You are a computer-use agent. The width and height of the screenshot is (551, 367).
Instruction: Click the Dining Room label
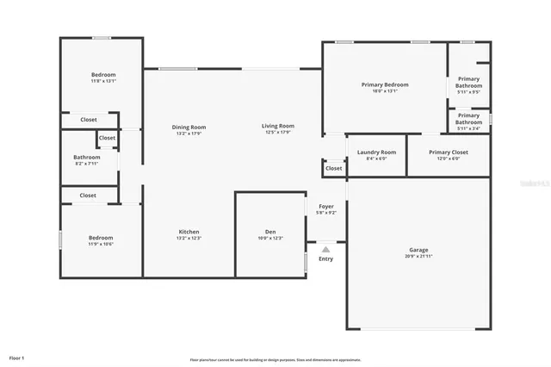[x=189, y=127]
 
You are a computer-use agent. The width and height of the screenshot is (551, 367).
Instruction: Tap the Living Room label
[x=278, y=127]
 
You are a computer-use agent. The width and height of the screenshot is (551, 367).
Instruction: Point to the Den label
[x=269, y=231]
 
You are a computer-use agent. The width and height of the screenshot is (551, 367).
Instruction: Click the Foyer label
[x=326, y=206]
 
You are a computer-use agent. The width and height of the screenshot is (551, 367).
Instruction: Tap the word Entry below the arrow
[x=325, y=258]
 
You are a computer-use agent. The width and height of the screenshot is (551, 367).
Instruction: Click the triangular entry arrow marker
[x=325, y=248]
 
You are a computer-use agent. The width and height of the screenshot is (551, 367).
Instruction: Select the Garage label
[x=418, y=250]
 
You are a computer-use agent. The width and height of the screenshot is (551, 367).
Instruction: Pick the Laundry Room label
[x=376, y=152]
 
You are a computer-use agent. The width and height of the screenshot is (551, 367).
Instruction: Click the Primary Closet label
[x=449, y=152]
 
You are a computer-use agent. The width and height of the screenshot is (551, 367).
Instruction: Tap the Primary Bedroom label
[x=384, y=84]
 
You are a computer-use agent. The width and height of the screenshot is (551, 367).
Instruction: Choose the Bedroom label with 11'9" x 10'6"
[x=101, y=238]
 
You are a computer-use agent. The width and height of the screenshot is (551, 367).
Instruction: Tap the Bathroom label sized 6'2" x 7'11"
[x=87, y=157]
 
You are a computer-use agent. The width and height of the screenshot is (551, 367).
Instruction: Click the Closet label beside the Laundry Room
[x=333, y=168]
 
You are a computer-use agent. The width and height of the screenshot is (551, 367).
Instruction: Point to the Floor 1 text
[x=17, y=357]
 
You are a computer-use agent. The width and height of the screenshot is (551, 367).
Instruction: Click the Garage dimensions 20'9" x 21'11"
[x=418, y=256]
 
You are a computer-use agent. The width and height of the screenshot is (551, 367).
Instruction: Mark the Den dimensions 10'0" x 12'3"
[x=269, y=238]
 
